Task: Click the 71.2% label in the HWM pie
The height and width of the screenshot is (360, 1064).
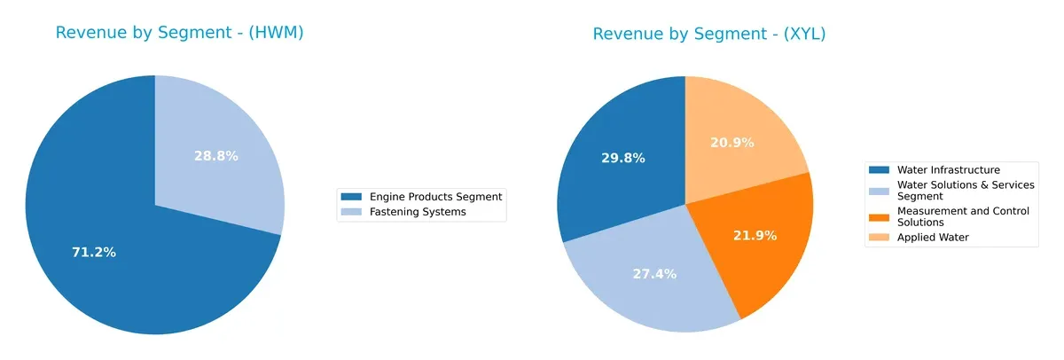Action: tap(94, 253)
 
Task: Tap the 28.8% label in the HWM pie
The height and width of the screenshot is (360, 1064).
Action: tap(216, 156)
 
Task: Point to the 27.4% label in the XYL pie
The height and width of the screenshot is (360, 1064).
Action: tap(654, 274)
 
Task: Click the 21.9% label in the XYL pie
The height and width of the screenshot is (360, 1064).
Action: tap(755, 236)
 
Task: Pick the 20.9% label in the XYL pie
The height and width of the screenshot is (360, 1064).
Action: tap(732, 142)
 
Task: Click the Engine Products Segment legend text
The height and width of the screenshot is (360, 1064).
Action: tap(435, 197)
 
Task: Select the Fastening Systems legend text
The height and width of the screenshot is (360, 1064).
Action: tap(418, 212)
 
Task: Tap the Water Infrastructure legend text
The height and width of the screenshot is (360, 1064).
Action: tap(948, 169)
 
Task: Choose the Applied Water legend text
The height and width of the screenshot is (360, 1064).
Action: tap(933, 238)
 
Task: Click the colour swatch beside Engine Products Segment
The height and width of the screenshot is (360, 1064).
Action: tap(352, 197)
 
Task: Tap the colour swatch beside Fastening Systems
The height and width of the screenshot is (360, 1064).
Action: tap(352, 212)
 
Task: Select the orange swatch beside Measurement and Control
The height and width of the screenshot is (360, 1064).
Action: tap(880, 211)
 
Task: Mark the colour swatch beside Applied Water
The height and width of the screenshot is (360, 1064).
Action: tap(880, 238)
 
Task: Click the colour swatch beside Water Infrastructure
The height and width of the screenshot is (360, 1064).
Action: tap(880, 169)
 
